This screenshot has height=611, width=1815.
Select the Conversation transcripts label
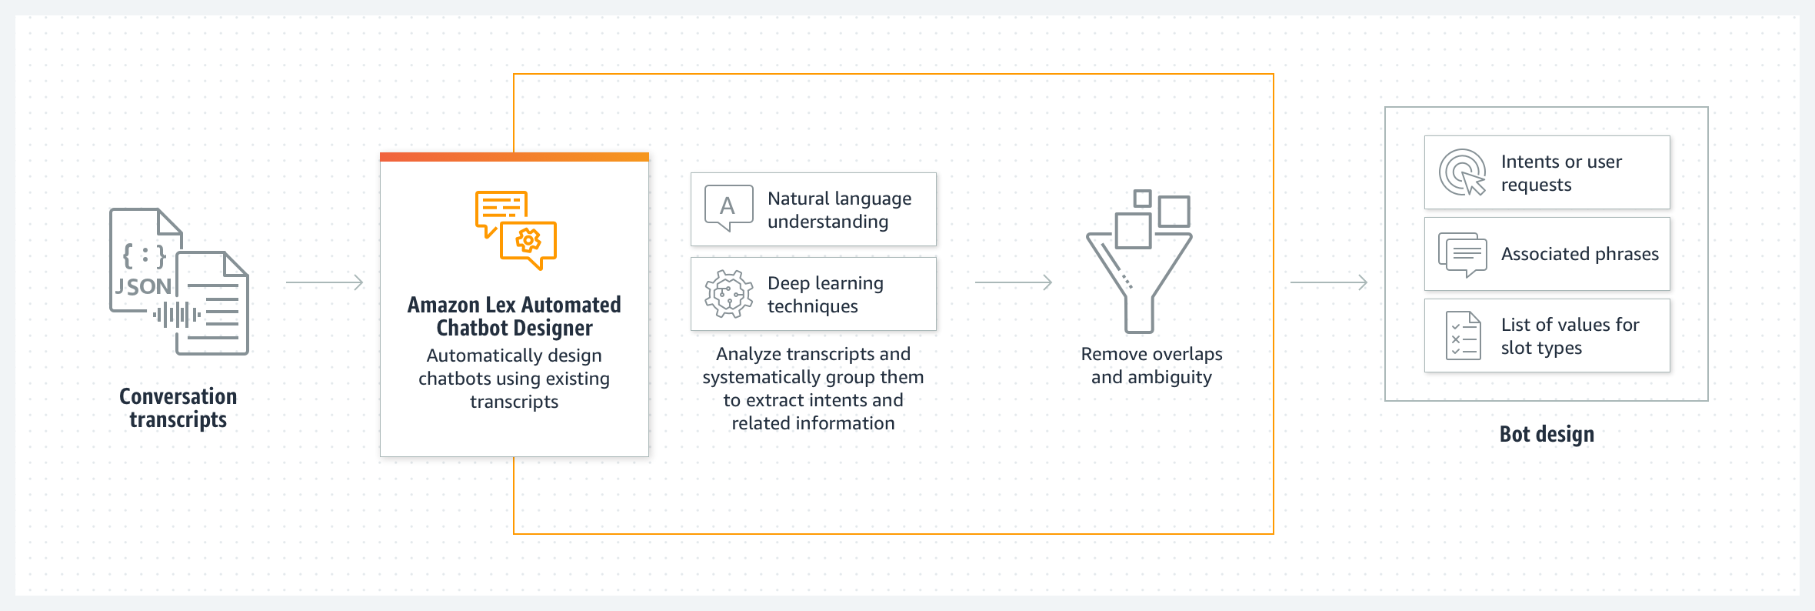click(178, 408)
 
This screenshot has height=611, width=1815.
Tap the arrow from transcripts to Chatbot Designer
click(324, 282)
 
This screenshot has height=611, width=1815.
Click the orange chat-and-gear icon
click(515, 230)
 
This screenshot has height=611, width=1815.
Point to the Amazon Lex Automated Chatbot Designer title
click(515, 316)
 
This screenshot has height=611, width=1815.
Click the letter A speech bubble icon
click(728, 208)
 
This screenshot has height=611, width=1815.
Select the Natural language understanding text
click(839, 210)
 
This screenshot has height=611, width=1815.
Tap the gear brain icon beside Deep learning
click(728, 293)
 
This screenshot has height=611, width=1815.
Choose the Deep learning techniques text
click(825, 295)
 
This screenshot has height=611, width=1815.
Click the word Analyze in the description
click(744, 354)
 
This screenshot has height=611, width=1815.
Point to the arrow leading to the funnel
click(1014, 282)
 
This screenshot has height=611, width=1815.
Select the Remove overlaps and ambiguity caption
click(1151, 366)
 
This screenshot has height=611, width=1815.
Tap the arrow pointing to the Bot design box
click(1329, 282)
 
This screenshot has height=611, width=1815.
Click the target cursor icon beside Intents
click(1462, 172)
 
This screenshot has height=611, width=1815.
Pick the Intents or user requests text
click(1561, 173)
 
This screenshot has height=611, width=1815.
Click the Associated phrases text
click(1580, 254)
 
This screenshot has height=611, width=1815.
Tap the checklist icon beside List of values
click(1463, 336)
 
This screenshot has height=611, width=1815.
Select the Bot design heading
click(1547, 435)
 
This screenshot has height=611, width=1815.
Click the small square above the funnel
click(1143, 199)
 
